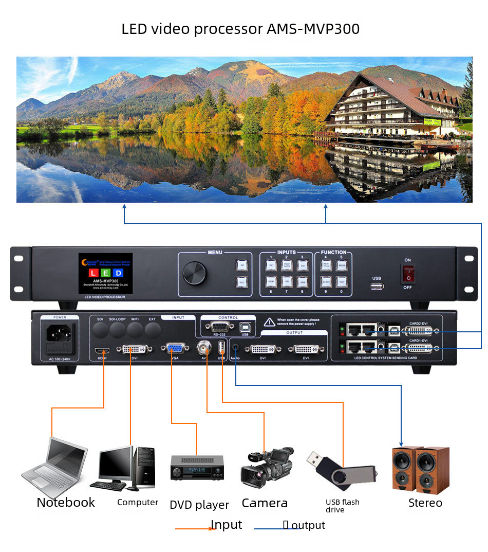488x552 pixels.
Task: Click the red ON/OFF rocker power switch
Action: click(408, 274)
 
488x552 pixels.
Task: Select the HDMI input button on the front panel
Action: click(271, 282)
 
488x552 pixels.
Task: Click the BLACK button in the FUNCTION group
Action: click(326, 282)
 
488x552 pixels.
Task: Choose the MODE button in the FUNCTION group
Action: click(342, 265)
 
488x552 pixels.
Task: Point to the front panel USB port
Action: click(376, 286)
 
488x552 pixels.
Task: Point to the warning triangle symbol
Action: click(269, 323)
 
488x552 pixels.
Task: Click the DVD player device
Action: click(197, 468)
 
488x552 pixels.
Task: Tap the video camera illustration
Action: click(267, 466)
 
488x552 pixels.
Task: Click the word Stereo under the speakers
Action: click(425, 503)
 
